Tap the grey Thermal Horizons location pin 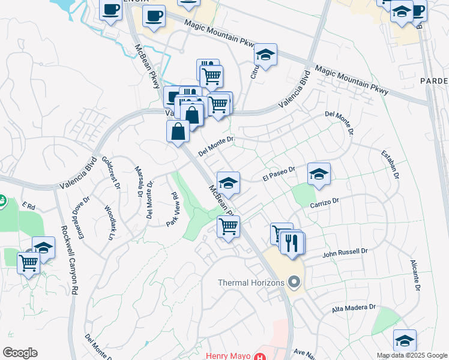point(294,281)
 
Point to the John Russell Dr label point(344,253)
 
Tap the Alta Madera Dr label point(354,308)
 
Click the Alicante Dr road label point(414,275)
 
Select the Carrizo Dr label point(325,203)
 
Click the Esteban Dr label point(389,164)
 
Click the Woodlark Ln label point(110,223)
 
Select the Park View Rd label point(173,209)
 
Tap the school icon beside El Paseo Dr point(319,175)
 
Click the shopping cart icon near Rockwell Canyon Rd point(28,262)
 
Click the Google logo point(20,353)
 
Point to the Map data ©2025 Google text point(412,355)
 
